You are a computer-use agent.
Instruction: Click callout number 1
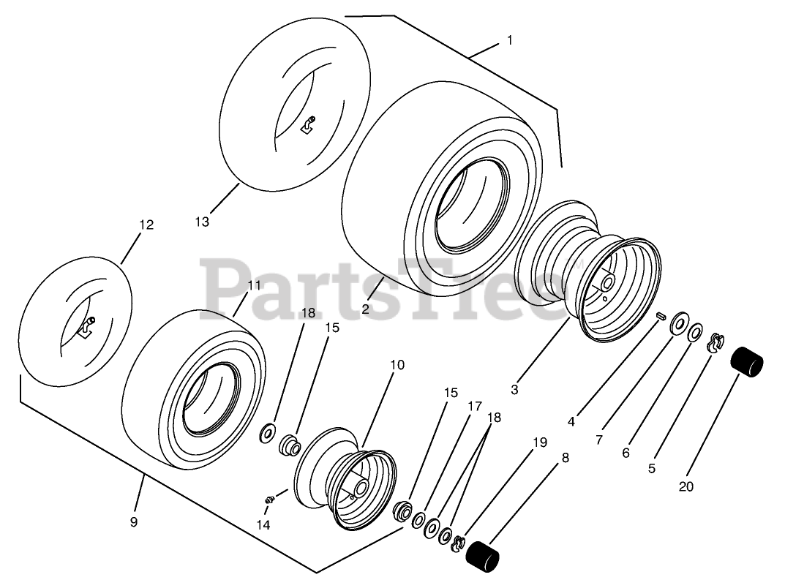point(509,41)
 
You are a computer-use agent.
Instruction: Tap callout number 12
point(146,225)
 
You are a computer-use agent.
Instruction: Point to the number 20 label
point(686,486)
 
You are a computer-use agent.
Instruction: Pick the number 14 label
point(263,524)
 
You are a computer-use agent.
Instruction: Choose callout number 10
point(397,364)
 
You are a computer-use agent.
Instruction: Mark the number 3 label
point(514,390)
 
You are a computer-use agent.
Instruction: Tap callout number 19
point(540,442)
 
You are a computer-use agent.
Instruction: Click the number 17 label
point(476,405)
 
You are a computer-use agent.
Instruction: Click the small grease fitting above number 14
point(269,498)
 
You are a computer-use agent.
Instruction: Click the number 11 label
point(254,285)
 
